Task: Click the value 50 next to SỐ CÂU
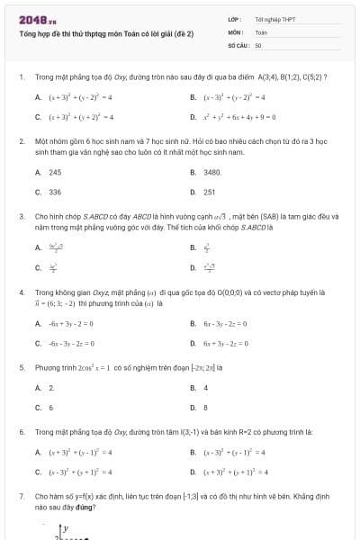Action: click(x=258, y=44)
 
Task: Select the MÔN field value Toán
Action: click(x=261, y=31)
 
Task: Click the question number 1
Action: click(x=20, y=77)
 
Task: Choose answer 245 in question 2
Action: click(x=55, y=172)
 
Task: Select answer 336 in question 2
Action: click(x=55, y=192)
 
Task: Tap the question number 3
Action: click(x=20, y=217)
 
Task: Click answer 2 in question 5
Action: click(x=51, y=388)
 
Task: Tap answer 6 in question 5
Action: click(x=51, y=408)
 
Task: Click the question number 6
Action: click(x=20, y=433)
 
